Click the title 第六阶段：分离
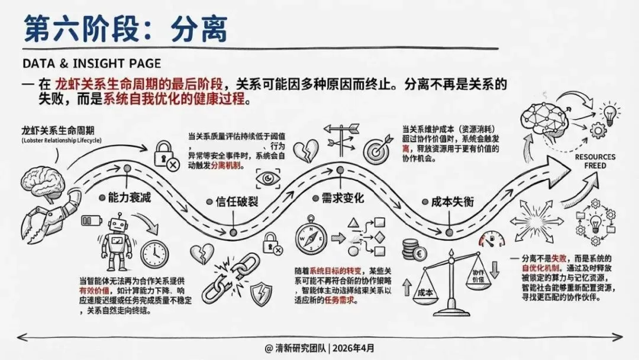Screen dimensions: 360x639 125,29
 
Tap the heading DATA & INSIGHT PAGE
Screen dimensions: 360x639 91,63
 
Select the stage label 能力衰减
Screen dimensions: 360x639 129,197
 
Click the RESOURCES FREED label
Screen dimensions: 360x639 595,161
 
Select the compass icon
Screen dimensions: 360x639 309,234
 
